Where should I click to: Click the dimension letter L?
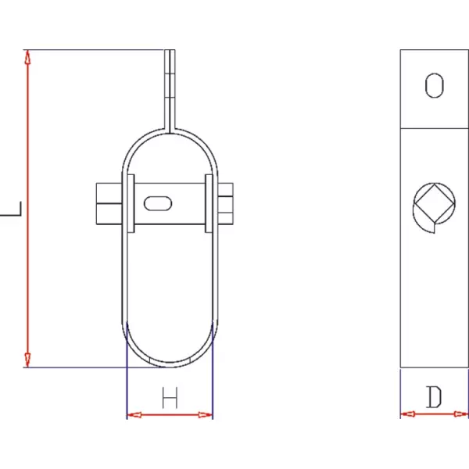pyautogui.click(x=12, y=209)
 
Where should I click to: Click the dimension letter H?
pyautogui.click(x=170, y=398)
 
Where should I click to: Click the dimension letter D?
pyautogui.click(x=434, y=397)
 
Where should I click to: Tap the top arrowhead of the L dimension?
pyautogui.click(x=27, y=57)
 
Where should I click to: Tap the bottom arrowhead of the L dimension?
pyautogui.click(x=27, y=360)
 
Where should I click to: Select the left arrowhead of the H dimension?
pyautogui.click(x=134, y=415)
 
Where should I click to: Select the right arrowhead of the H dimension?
pyautogui.click(x=206, y=415)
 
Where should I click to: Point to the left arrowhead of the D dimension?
pyautogui.click(x=408, y=414)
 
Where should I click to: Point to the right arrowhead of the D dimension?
pyautogui.click(x=461, y=414)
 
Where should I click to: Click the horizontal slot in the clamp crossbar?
pyautogui.click(x=158, y=203)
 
